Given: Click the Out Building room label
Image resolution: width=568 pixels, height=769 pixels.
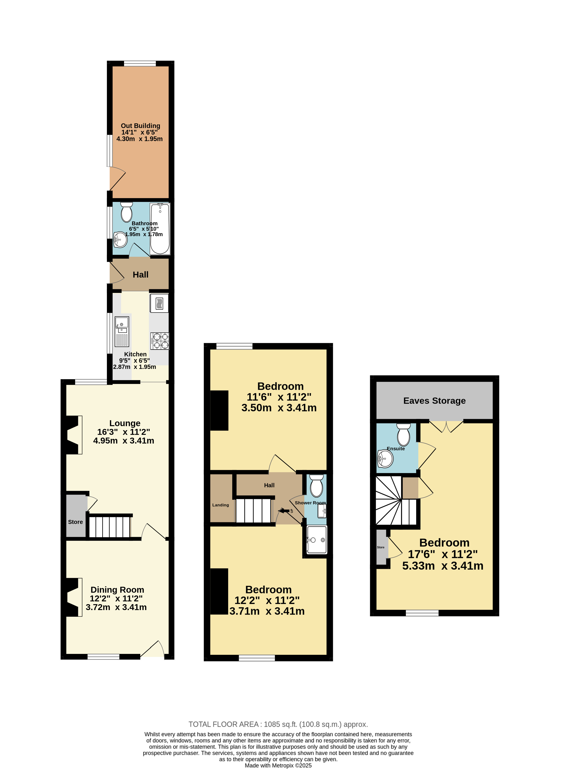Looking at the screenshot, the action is [140, 126].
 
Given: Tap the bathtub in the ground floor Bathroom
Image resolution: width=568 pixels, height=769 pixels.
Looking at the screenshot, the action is [160, 229].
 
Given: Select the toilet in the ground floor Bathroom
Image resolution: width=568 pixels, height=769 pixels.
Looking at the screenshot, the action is [127, 212].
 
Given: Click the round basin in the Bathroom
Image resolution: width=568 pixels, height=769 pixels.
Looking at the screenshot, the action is [120, 239].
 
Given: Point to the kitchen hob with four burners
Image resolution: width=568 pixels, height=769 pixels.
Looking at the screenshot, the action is [159, 341].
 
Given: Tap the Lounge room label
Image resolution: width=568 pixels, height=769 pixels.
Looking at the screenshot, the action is [125, 423].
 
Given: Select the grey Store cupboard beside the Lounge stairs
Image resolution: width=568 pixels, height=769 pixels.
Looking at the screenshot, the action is [76, 515].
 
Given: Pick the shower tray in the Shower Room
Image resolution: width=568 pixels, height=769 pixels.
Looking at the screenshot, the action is [317, 540].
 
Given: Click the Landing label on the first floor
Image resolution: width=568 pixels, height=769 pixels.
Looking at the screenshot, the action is [220, 505].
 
